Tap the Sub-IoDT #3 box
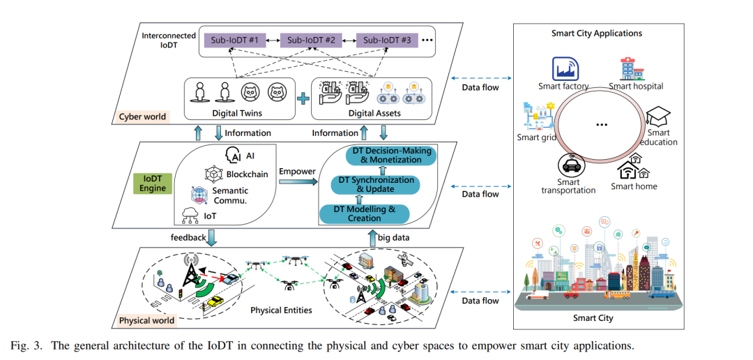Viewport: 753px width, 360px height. point(386,40)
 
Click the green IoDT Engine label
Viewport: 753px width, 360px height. point(153,183)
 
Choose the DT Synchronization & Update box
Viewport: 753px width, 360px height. point(376,185)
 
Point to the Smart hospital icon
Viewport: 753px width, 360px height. point(633,68)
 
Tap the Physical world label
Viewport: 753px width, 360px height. point(146,320)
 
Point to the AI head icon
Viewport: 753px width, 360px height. point(234,156)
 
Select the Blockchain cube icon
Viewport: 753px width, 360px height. point(212,174)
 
